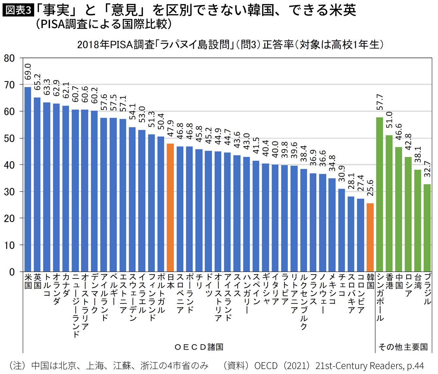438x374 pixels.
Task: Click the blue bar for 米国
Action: (28, 179)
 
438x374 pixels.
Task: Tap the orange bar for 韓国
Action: (370, 237)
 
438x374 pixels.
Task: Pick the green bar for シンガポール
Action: (380, 195)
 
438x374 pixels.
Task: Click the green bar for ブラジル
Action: (427, 228)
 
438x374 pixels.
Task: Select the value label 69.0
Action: (28, 72)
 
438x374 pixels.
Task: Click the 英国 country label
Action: (37, 281)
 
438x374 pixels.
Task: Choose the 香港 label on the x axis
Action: (389, 281)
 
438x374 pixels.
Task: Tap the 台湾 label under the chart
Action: (418, 281)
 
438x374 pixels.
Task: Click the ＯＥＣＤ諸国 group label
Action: (199, 347)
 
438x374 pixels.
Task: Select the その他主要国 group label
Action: (403, 347)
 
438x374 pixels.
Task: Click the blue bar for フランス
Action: (313, 222)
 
